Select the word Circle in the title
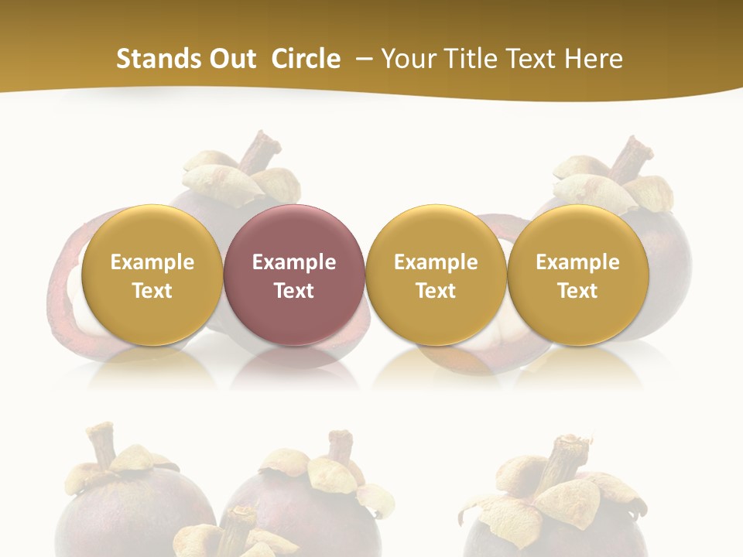[x=306, y=59]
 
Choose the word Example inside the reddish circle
[x=294, y=262]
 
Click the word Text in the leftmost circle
[x=152, y=291]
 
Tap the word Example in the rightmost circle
[x=577, y=262]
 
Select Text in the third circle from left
[x=436, y=291]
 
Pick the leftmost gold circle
[x=152, y=275]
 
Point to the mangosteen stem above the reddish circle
[x=261, y=150]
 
